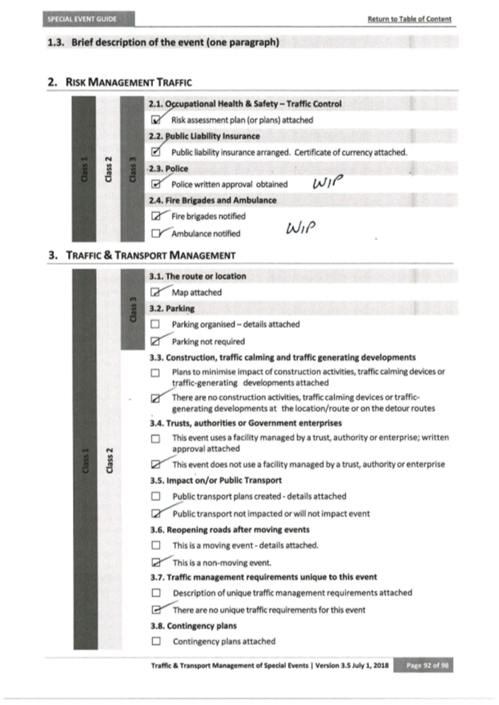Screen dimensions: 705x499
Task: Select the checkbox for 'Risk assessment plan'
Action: pyautogui.click(x=155, y=120)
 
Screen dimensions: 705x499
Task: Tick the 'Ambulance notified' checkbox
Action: pyautogui.click(x=155, y=234)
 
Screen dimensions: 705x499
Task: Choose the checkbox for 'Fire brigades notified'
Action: pyautogui.click(x=155, y=217)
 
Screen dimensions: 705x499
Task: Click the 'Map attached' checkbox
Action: pyautogui.click(x=155, y=293)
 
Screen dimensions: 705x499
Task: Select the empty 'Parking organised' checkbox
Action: pyautogui.click(x=155, y=324)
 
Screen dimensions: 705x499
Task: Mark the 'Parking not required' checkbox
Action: pyautogui.click(x=155, y=341)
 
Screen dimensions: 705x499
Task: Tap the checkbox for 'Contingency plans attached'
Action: pyautogui.click(x=155, y=641)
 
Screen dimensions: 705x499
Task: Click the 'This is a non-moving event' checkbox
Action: pyautogui.click(x=155, y=562)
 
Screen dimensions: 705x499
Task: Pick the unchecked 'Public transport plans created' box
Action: pyautogui.click(x=155, y=497)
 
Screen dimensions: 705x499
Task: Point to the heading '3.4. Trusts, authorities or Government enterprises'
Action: pyautogui.click(x=245, y=423)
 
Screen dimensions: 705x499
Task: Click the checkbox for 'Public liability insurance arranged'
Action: pyautogui.click(x=155, y=152)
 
